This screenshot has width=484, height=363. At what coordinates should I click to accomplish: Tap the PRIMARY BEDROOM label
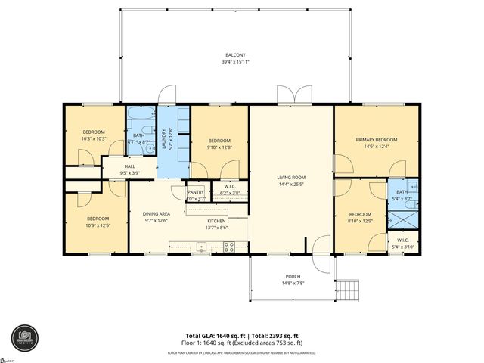(376, 140)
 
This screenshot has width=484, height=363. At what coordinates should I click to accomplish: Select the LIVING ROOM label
(290, 178)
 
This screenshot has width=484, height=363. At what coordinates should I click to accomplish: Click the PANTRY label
(195, 193)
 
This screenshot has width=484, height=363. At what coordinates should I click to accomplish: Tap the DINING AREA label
(156, 214)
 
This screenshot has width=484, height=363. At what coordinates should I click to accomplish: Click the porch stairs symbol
(349, 290)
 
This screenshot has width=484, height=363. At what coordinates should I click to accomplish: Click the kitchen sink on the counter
(202, 246)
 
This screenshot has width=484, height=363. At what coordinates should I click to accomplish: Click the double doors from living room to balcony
(290, 96)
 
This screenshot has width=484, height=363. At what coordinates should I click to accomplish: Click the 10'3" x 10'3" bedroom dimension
(94, 138)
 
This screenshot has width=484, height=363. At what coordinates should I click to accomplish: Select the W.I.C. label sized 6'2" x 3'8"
(231, 193)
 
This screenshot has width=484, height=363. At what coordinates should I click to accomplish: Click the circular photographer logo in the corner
(24, 337)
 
